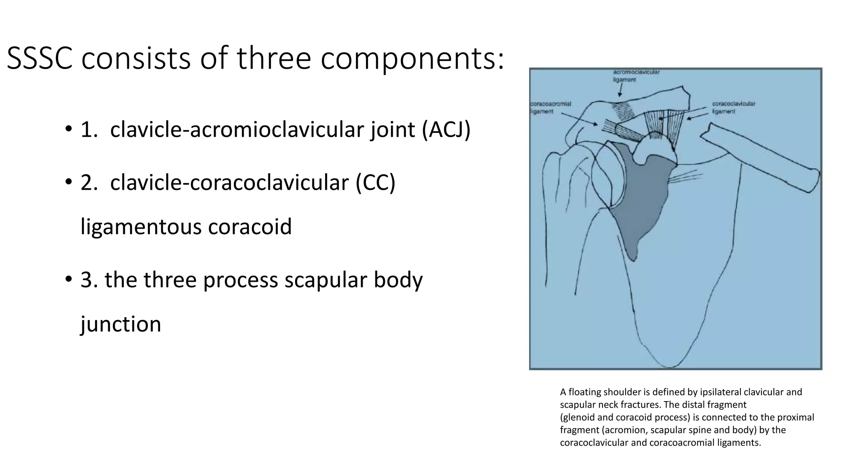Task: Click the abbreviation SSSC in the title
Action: point(40,58)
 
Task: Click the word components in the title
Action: point(412,58)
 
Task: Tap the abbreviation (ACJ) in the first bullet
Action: point(446,130)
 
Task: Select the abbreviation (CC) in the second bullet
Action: point(375,182)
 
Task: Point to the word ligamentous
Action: point(141,227)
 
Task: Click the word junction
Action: point(121,324)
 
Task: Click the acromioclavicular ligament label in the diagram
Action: point(636,76)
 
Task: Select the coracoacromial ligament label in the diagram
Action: point(550,108)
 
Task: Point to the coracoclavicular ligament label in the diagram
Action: point(734,108)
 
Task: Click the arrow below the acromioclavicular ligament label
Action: point(620,91)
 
